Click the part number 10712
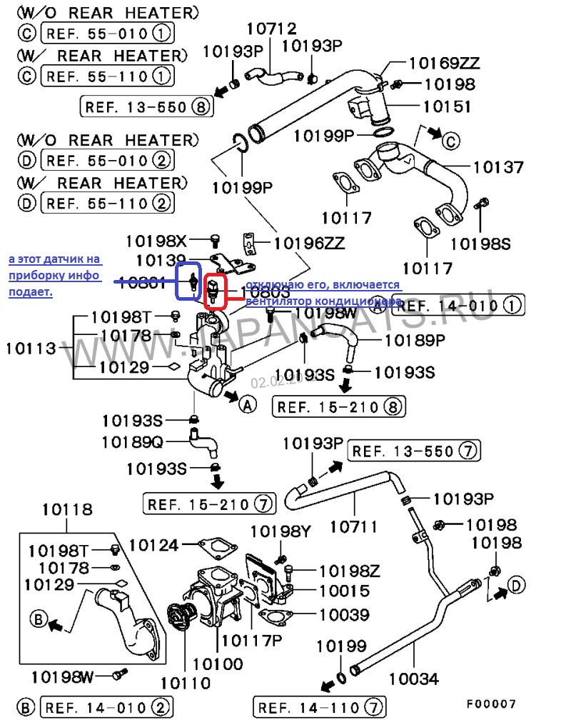pos(271,29)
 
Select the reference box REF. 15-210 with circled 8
pos(338,407)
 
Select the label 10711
pos(355,527)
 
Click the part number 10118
pos(66,509)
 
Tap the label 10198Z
pos(349,571)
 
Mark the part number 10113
pos(31,349)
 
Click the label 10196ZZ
pos(310,244)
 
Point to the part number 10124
pos(153,546)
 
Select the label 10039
pos(343,614)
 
